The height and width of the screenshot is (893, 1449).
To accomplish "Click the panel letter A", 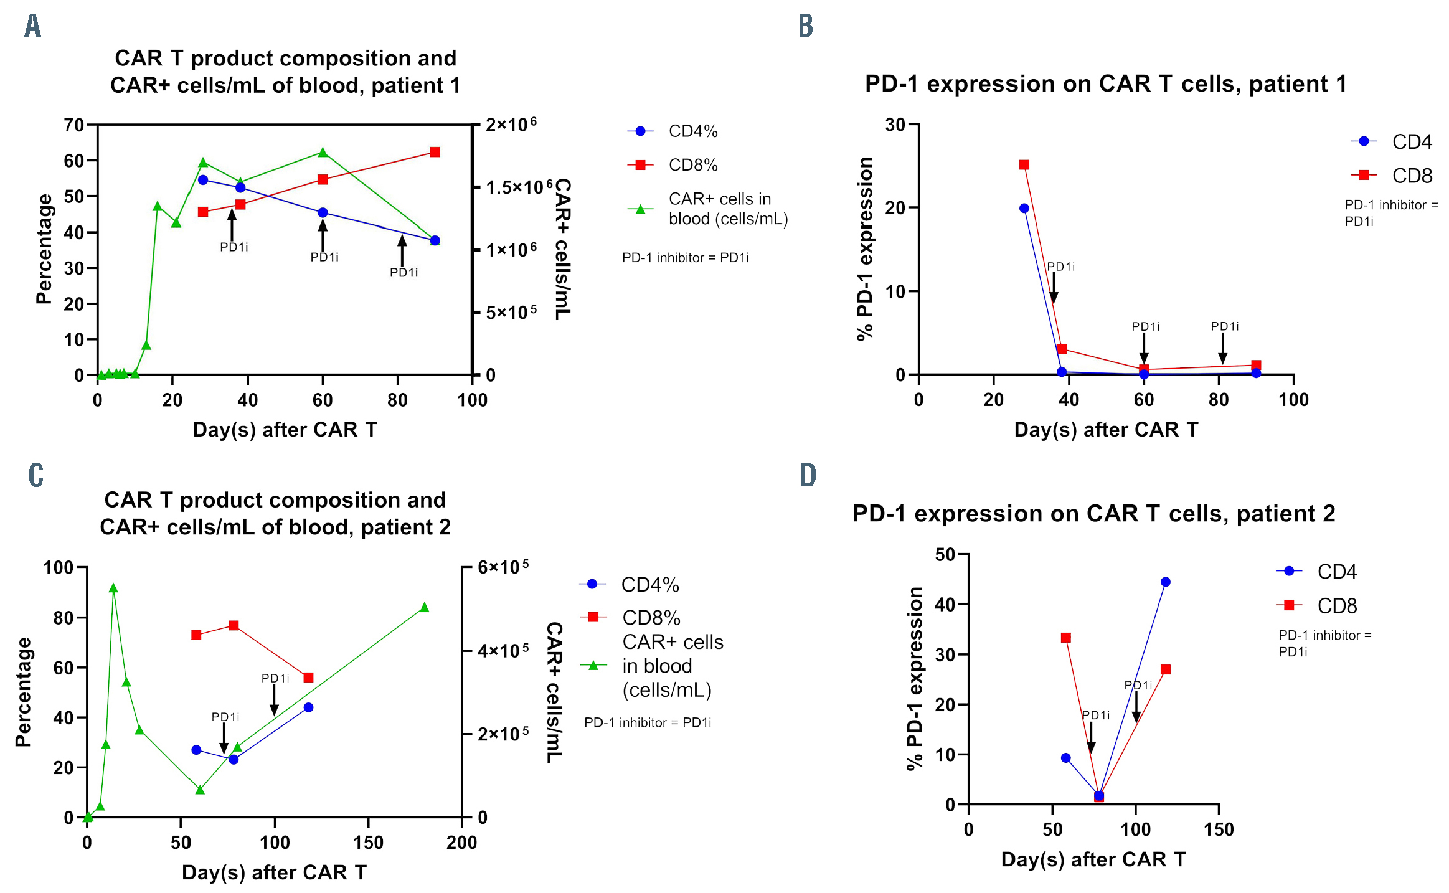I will [33, 26].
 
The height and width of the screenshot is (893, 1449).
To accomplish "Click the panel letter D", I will [808, 475].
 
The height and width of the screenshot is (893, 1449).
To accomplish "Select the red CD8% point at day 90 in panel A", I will [435, 153].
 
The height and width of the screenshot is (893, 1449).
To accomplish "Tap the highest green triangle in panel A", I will [323, 153].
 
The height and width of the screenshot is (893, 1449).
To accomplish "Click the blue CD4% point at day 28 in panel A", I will [203, 180].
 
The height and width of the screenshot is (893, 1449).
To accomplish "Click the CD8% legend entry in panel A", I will [692, 165].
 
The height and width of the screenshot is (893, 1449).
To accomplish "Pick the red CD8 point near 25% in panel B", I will [1024, 165].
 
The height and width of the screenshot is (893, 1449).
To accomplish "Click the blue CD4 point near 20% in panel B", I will [1024, 208].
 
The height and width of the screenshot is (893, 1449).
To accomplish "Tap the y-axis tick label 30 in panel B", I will [895, 125].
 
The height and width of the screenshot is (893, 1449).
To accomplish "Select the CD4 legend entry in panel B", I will [1412, 142].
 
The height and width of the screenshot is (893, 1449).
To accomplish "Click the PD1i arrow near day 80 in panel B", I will [1223, 349].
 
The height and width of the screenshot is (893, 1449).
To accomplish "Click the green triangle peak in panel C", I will [113, 588].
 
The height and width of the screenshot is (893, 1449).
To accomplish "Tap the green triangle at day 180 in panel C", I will [425, 607].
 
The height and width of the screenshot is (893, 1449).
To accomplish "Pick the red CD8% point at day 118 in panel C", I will [308, 678].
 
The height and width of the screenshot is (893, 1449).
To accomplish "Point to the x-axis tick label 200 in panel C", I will [462, 843].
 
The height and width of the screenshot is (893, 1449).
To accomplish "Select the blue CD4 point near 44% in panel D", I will [1166, 582].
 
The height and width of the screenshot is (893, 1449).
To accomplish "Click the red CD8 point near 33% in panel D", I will [1066, 638].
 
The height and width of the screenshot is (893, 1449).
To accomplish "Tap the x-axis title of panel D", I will [1093, 859].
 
